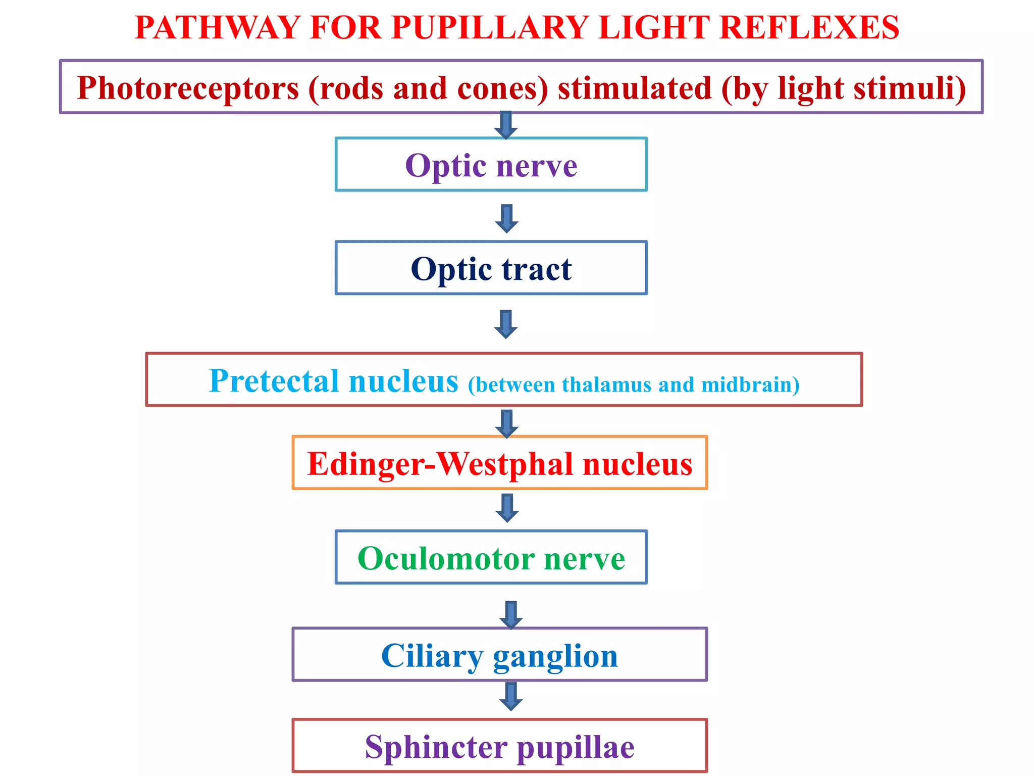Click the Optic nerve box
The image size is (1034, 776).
tap(491, 165)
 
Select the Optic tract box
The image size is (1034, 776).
tap(491, 268)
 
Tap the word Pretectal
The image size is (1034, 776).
tap(273, 381)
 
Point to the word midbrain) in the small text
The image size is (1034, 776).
tap(750, 385)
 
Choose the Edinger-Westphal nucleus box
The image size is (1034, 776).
tap(499, 463)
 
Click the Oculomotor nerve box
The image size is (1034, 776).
tap(491, 558)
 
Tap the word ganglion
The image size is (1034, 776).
tap(555, 657)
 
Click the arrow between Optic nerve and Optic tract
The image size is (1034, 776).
tap(506, 218)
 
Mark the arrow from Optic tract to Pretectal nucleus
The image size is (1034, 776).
tap(506, 324)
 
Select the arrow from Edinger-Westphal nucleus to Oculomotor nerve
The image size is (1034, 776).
tap(507, 508)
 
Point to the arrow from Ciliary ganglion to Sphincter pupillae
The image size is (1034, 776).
tap(510, 697)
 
